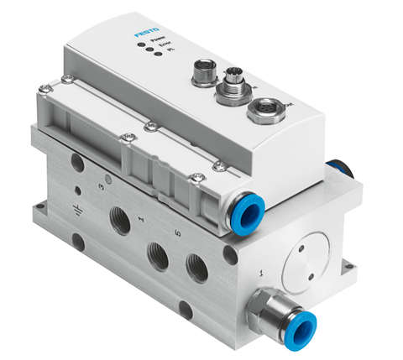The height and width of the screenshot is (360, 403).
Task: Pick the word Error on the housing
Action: pos(166,49)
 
